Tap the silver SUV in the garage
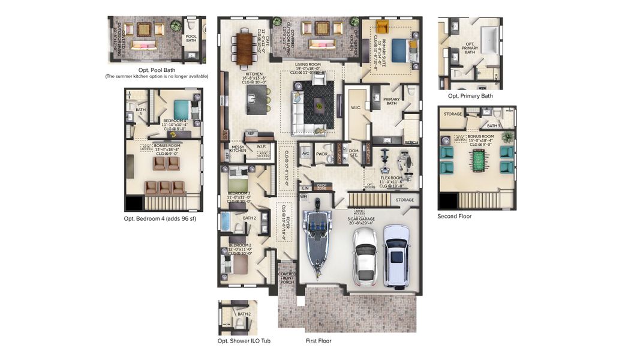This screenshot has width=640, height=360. [x=396, y=255]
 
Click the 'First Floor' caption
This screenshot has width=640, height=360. [x=318, y=341]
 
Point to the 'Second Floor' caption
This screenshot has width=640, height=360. [x=454, y=216]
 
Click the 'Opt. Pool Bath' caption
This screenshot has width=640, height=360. [x=156, y=70]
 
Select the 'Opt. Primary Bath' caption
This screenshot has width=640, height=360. [x=470, y=96]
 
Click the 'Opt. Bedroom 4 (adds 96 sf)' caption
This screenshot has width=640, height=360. [x=160, y=218]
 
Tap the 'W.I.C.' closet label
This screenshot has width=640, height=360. [x=355, y=108]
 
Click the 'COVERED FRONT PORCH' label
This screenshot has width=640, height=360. [x=287, y=278]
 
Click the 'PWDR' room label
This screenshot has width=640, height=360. [x=321, y=154]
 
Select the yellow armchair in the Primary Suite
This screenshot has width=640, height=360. [x=383, y=27]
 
